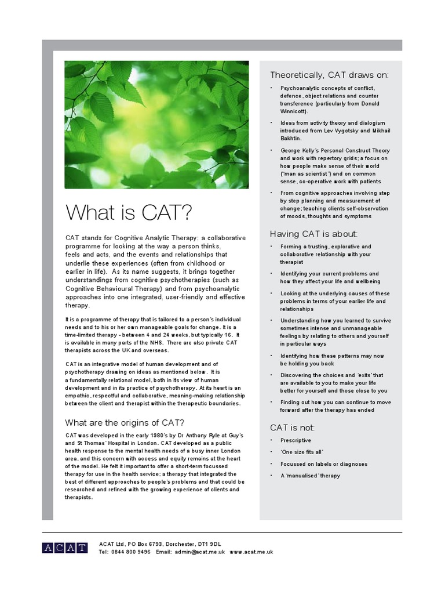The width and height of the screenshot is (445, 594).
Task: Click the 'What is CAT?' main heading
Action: point(128,213)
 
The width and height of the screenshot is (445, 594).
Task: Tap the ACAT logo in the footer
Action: point(65,548)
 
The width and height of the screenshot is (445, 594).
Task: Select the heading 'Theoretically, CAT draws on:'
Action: point(329,75)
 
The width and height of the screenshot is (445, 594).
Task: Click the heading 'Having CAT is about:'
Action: point(314,234)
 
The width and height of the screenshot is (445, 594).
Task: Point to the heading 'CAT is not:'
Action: point(293,428)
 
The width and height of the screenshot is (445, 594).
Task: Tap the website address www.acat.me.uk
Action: point(251,552)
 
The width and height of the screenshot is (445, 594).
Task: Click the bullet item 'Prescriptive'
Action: point(296,441)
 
